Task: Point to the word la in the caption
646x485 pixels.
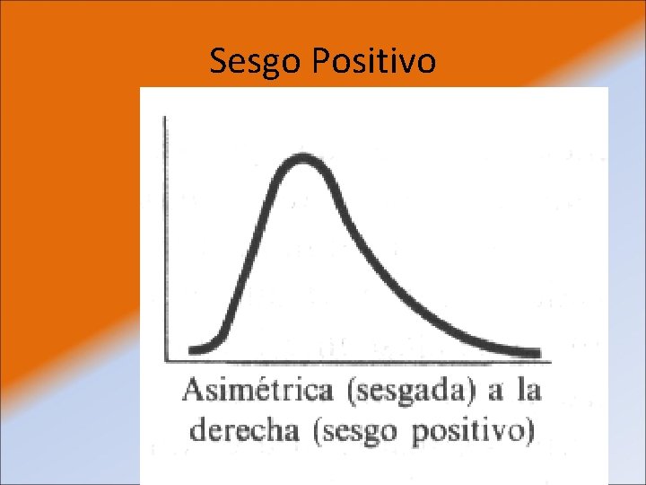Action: pyautogui.click(x=529, y=392)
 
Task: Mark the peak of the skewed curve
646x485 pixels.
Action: pyautogui.click(x=303, y=159)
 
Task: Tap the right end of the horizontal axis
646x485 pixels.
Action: pyautogui.click(x=550, y=362)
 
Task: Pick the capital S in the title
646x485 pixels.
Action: pyautogui.click(x=217, y=62)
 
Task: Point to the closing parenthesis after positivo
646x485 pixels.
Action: pyautogui.click(x=529, y=430)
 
